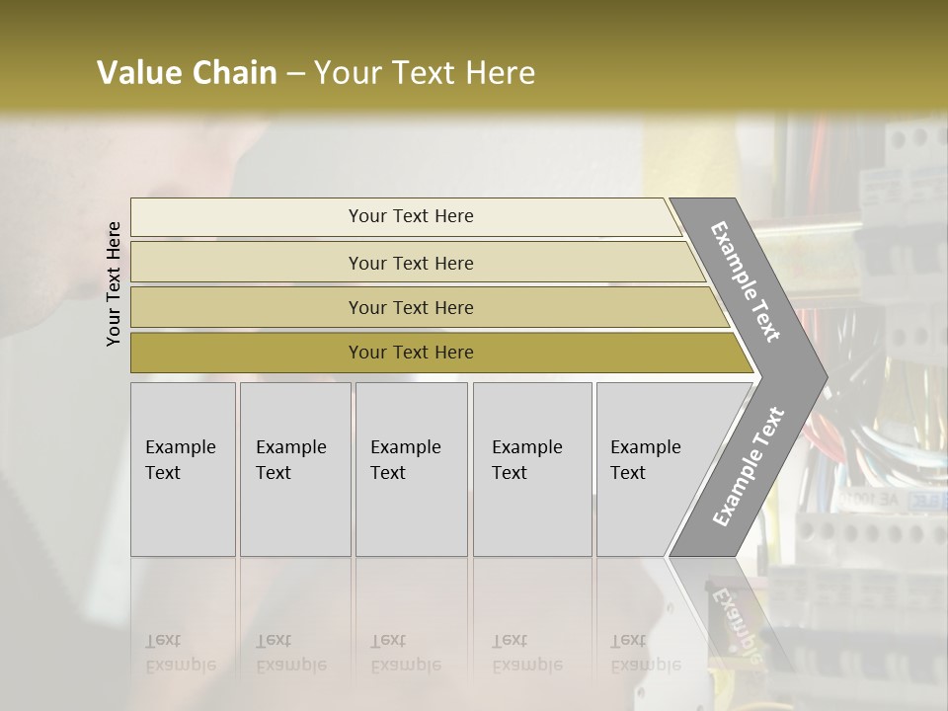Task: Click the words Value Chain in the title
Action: pyautogui.click(x=187, y=73)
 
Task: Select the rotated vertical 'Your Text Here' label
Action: pyautogui.click(x=114, y=283)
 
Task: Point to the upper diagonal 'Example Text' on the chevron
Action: pyautogui.click(x=746, y=281)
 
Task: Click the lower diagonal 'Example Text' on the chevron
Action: pyautogui.click(x=748, y=467)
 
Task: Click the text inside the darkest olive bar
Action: pyautogui.click(x=411, y=353)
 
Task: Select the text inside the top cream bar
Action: pyautogui.click(x=411, y=216)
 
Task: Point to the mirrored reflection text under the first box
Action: pyautogui.click(x=180, y=653)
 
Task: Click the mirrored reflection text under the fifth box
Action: pyautogui.click(x=645, y=653)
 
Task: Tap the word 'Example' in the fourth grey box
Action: pyautogui.click(x=527, y=447)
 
